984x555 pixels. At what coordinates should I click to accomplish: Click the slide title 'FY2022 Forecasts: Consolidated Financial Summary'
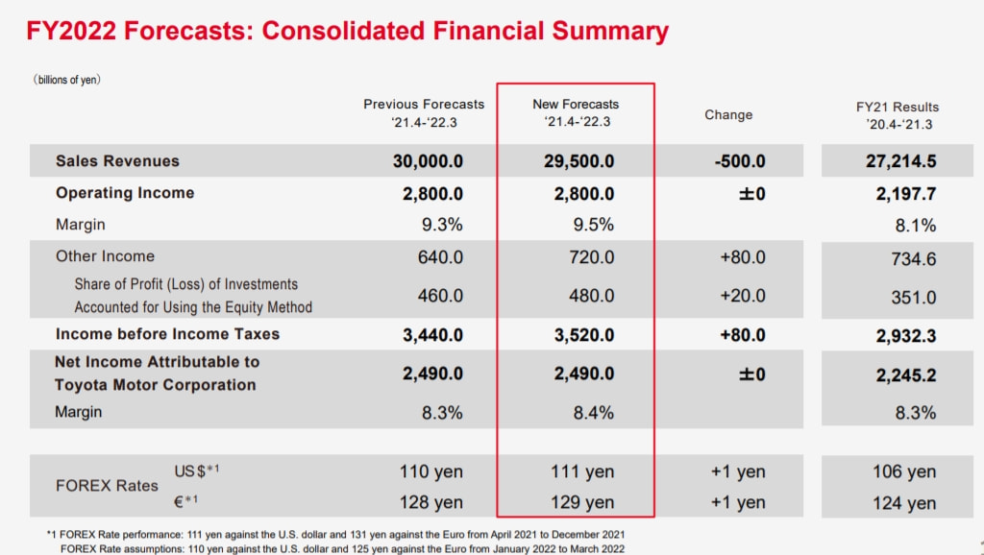coord(346,31)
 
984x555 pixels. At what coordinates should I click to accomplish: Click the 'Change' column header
coord(728,114)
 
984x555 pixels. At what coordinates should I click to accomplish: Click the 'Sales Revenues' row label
coord(117,160)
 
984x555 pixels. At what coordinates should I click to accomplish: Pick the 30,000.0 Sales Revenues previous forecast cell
coord(428,161)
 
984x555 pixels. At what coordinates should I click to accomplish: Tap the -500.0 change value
coord(740,161)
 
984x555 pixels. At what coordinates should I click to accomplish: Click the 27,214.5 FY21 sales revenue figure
coord(900,161)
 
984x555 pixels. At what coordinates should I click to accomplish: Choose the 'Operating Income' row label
coord(125,193)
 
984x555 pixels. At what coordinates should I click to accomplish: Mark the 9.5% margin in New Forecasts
coord(592,225)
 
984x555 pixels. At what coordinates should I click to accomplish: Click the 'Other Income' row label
coord(105,256)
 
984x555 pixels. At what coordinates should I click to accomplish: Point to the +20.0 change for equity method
coord(743,296)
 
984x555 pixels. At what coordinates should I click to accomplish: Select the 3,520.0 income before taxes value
coord(579,335)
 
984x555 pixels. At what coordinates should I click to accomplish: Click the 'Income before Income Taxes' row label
coord(167,334)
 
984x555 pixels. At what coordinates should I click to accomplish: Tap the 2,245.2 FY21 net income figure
coord(905,374)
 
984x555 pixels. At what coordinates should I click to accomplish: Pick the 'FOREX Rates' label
coord(107,486)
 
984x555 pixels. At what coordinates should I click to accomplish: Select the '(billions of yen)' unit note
coord(67,80)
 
